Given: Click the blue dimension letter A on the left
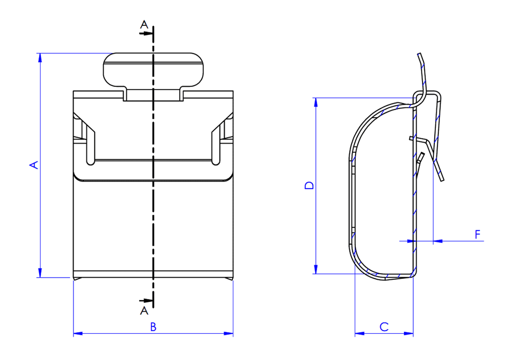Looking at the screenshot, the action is click(34, 165).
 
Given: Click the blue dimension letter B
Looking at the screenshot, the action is click(153, 327).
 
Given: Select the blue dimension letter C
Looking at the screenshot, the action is click(384, 327).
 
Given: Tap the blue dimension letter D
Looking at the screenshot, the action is click(309, 185).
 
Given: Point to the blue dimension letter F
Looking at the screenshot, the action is click(478, 235).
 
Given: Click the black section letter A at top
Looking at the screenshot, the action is click(144, 24).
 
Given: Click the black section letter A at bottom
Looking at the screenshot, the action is click(144, 311).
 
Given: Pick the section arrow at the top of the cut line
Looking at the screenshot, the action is click(146, 33).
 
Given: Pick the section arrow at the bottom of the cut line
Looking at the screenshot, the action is click(146, 301).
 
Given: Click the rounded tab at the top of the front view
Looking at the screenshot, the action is click(153, 70).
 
